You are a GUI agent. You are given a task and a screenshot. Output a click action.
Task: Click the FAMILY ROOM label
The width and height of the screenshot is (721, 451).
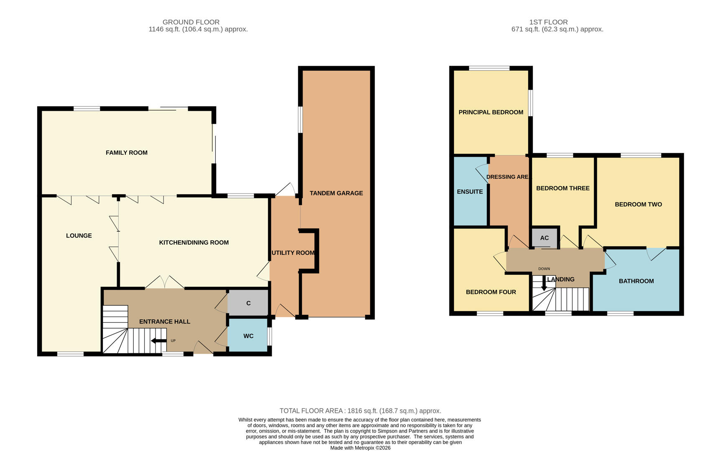(x=126, y=153)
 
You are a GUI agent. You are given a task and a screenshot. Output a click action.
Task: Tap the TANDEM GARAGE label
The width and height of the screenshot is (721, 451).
(x=336, y=193)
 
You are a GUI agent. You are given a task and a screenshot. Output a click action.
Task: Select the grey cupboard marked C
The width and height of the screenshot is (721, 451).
(x=248, y=303)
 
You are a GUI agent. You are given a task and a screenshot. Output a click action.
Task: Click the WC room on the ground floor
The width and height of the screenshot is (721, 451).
(x=248, y=336)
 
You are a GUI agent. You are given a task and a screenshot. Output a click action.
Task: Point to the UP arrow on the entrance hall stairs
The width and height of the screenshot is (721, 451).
(x=159, y=341)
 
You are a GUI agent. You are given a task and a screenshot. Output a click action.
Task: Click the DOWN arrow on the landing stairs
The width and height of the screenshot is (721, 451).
(x=544, y=284)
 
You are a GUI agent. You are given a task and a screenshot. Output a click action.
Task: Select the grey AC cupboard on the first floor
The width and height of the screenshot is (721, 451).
(x=544, y=238)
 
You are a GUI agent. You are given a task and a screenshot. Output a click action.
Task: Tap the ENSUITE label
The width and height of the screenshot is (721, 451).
(x=470, y=192)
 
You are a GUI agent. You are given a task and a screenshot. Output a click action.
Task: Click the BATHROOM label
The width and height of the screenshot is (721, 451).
(x=636, y=281)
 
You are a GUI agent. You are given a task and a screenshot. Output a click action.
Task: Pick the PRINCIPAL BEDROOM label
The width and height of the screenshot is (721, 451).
(x=491, y=112)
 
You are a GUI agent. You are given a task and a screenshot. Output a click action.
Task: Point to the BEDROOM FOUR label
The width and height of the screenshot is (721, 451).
(x=491, y=292)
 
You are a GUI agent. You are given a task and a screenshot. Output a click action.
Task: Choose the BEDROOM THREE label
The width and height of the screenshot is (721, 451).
(x=563, y=188)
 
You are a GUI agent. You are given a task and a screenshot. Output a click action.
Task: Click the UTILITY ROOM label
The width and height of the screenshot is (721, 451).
(x=293, y=253)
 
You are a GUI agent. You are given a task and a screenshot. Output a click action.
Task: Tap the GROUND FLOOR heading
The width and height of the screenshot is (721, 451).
(x=191, y=22)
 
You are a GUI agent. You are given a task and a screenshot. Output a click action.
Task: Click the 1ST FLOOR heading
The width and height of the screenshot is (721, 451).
(x=548, y=22)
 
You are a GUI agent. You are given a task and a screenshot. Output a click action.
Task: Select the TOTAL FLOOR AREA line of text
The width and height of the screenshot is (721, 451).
(x=360, y=411)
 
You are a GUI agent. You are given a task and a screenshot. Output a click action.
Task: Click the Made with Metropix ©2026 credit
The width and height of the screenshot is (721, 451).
(x=360, y=448)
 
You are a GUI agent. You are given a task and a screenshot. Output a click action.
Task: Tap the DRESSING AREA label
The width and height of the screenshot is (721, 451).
(x=508, y=177)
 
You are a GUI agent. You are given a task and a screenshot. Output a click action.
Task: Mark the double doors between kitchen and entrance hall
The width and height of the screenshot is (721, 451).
(x=165, y=283)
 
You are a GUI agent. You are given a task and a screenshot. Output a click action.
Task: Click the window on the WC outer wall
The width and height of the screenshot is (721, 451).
(x=269, y=336)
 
